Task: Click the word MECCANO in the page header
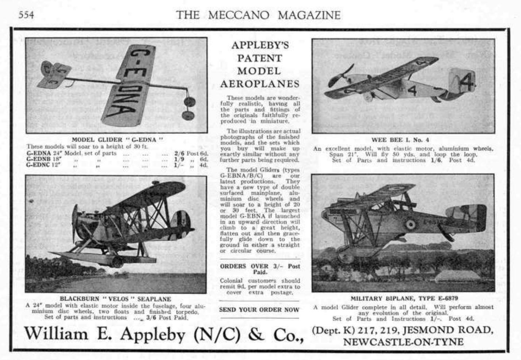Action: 239,15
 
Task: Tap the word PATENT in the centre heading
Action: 259,58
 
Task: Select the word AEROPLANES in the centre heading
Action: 259,84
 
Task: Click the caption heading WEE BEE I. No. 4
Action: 400,140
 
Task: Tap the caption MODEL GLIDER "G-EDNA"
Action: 117,139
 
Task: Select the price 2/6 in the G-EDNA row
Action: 179,153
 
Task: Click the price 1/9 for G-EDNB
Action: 179,159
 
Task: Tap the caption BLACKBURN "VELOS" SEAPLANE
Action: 115,299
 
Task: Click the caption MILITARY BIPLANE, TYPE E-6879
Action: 404,298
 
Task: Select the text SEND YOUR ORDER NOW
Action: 259,310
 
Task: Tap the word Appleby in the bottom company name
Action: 153,334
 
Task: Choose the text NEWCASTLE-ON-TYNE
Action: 403,342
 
